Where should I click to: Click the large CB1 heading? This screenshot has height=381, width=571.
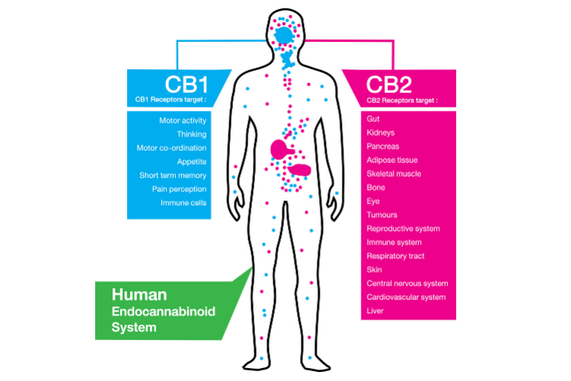point(187,85)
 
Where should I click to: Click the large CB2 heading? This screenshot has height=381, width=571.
point(389,85)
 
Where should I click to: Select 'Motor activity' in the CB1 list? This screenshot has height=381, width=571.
point(183,120)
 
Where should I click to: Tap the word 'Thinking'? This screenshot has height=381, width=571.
point(192,135)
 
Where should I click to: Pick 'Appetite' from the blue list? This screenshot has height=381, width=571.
point(192,162)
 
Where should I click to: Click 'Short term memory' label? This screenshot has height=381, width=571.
point(173,175)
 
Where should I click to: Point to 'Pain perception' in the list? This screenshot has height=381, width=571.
point(179,189)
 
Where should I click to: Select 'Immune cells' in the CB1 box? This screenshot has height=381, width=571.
point(183,203)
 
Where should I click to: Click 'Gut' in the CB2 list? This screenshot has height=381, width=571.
point(373,119)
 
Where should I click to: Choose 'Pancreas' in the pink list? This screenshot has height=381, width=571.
point(383,146)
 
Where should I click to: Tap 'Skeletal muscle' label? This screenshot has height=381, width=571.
point(394,174)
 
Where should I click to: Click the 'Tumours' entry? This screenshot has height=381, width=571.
point(381,215)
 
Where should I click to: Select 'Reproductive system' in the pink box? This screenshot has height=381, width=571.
point(403,229)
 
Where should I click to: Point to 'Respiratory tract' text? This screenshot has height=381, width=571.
point(395,256)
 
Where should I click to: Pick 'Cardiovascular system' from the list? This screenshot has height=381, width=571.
point(406,297)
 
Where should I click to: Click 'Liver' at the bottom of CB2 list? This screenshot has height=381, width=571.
point(375,311)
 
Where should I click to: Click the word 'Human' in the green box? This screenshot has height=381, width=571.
point(139,295)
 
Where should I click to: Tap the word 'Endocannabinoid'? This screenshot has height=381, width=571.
point(164,312)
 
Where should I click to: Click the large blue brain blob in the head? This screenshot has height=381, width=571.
point(284,36)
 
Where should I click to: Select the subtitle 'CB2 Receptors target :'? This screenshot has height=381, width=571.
point(402,101)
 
